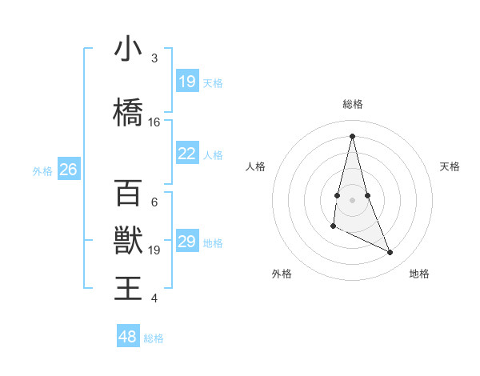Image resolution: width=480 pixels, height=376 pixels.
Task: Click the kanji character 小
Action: pyautogui.click(x=128, y=49)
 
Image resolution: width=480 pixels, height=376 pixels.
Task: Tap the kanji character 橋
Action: pyautogui.click(x=128, y=112)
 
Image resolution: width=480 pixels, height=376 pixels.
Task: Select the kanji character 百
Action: pyautogui.click(x=128, y=193)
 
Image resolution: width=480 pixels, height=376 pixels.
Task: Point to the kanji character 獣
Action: pyautogui.click(x=128, y=240)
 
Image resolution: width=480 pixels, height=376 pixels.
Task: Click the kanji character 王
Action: pyautogui.click(x=128, y=288)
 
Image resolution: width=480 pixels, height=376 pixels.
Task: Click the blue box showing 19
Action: pyautogui.click(x=187, y=82)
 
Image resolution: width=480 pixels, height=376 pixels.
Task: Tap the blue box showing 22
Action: pyautogui.click(x=187, y=154)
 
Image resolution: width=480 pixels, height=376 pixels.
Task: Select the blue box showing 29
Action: pyautogui.click(x=187, y=242)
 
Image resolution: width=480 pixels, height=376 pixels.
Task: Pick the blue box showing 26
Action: pyautogui.click(x=68, y=170)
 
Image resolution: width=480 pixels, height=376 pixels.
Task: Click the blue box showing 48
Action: pyautogui.click(x=128, y=337)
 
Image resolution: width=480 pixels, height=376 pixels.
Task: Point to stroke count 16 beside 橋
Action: pyautogui.click(x=154, y=122)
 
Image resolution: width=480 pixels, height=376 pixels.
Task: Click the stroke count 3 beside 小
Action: pyautogui.click(x=154, y=58)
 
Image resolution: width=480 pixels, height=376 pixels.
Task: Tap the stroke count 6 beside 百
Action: pyautogui.click(x=154, y=202)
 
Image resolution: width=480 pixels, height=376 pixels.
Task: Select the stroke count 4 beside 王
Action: pyautogui.click(x=154, y=298)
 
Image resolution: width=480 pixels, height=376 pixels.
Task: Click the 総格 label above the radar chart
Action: pyautogui.click(x=353, y=104)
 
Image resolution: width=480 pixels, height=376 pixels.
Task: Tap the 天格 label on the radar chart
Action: pyautogui.click(x=450, y=166)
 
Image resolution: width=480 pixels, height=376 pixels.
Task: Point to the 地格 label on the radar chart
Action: pyautogui.click(x=419, y=274)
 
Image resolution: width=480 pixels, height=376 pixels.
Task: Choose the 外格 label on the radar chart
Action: pyautogui.click(x=282, y=274)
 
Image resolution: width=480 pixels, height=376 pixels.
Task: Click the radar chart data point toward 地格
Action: pyautogui.click(x=390, y=253)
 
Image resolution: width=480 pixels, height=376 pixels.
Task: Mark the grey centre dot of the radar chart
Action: pyautogui.click(x=353, y=199)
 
